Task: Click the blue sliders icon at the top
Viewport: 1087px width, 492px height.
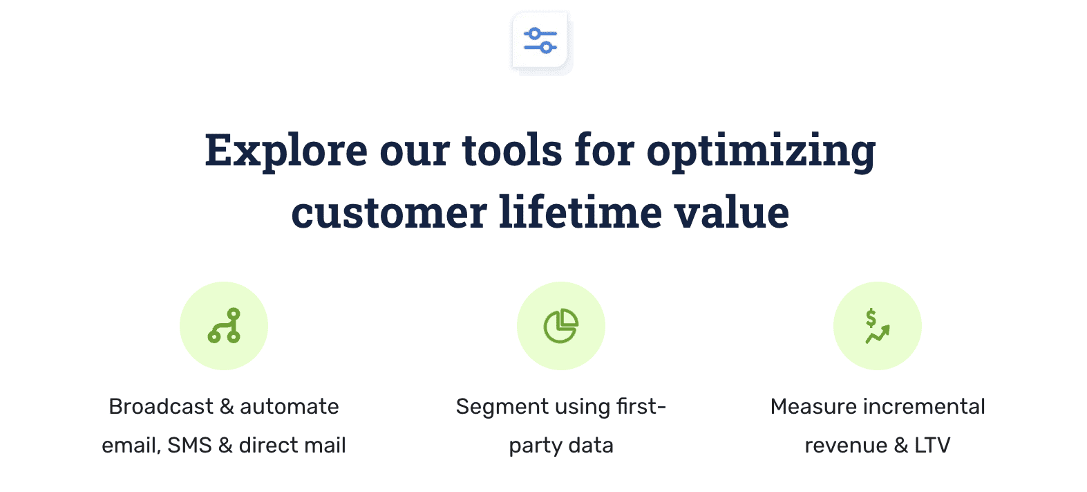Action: pos(540,41)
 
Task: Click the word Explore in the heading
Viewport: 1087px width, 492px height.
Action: pos(286,150)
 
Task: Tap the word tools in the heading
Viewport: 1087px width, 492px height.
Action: pos(512,150)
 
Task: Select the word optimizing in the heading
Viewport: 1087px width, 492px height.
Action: pos(761,152)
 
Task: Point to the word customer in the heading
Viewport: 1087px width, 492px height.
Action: pos(389,212)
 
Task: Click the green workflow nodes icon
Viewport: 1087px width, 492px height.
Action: pos(224,326)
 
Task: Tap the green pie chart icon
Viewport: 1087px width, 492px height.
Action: pos(560,326)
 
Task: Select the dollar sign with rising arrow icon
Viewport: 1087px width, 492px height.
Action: pos(877,326)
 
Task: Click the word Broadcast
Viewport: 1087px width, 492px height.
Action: pos(161,406)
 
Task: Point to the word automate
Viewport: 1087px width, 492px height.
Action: pos(290,407)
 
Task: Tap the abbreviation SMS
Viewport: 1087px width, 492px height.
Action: pos(189,445)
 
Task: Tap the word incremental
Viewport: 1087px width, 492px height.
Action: pos(923,406)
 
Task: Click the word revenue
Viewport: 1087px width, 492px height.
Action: pos(846,445)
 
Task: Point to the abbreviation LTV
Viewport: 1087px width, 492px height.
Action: pos(932,445)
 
